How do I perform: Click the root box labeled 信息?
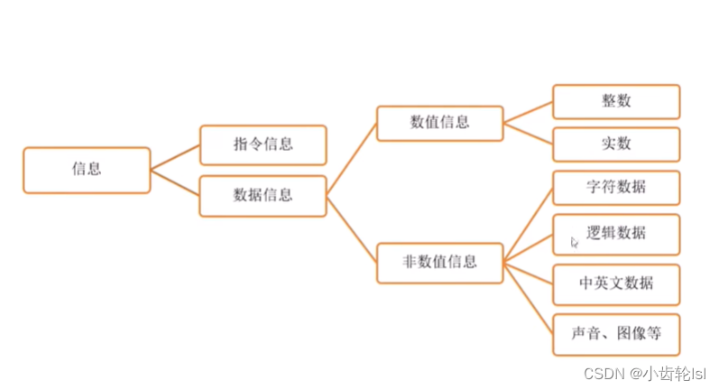(x=87, y=170)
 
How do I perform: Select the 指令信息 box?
(x=263, y=144)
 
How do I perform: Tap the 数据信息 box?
(x=263, y=195)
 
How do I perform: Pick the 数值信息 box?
(x=439, y=123)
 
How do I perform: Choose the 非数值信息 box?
(x=439, y=264)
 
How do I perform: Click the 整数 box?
(x=616, y=101)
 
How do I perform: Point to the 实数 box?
(x=616, y=144)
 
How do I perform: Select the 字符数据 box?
(x=616, y=188)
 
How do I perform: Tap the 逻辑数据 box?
(x=616, y=233)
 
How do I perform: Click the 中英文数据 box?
(x=616, y=284)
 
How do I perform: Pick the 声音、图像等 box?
(x=616, y=334)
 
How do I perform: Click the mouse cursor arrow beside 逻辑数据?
(x=575, y=242)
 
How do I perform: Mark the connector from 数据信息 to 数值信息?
(x=352, y=159)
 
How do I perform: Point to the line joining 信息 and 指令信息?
(x=175, y=157)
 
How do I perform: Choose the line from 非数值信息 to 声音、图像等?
(x=528, y=299)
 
